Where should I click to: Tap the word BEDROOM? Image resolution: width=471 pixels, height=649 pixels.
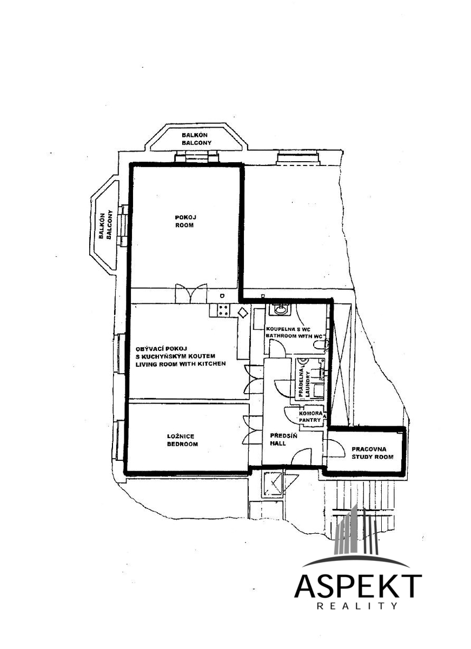(x=182, y=444)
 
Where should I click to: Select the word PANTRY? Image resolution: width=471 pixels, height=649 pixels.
(x=310, y=420)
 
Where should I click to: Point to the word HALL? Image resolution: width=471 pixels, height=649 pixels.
(x=278, y=443)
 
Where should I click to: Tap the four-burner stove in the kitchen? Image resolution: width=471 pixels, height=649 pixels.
(x=223, y=310)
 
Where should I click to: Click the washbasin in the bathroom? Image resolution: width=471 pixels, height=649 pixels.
(x=280, y=310)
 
